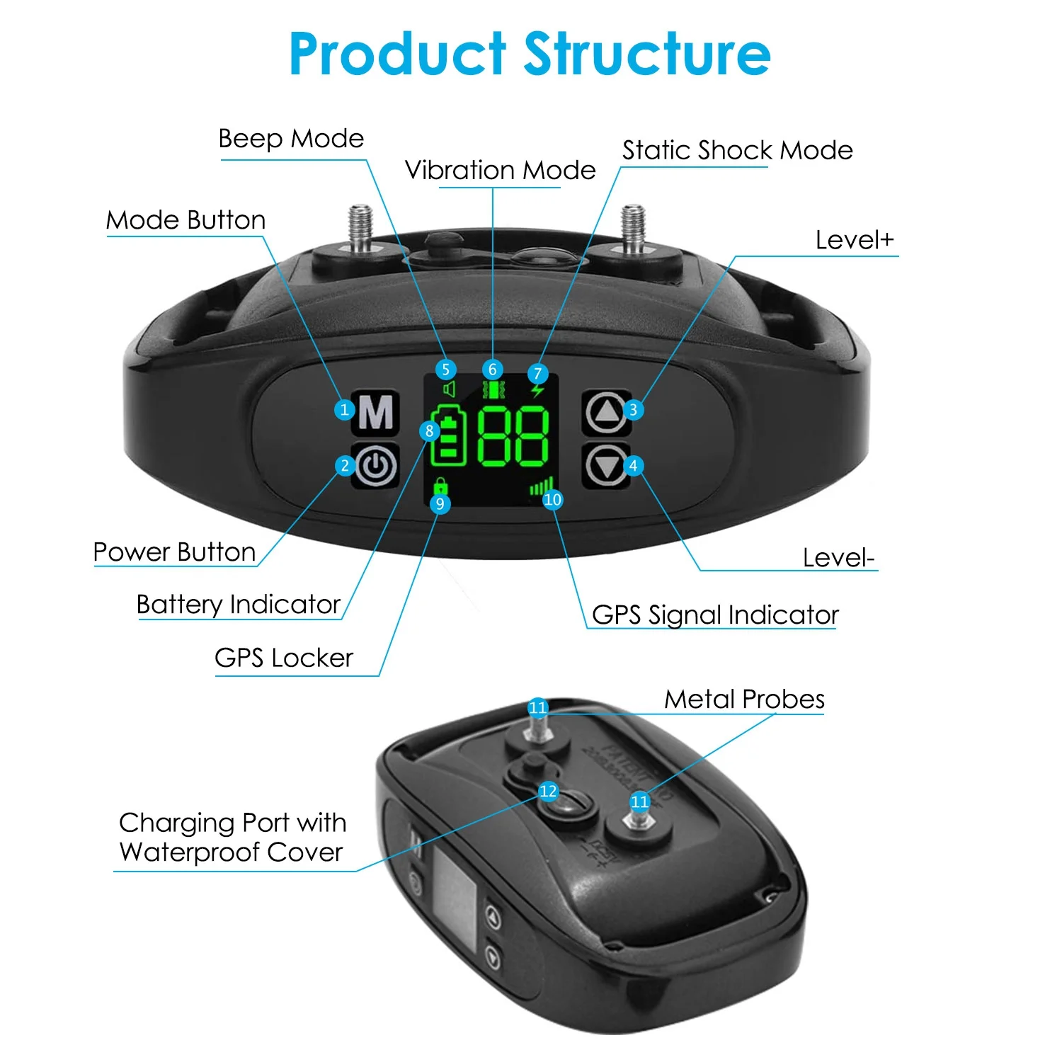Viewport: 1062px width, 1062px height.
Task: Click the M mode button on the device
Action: (x=376, y=411)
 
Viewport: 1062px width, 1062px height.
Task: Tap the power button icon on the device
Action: (x=376, y=465)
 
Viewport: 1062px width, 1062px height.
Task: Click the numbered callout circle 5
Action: (x=445, y=369)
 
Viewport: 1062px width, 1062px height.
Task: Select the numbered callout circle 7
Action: (x=537, y=373)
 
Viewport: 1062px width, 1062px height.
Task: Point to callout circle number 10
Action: (x=552, y=499)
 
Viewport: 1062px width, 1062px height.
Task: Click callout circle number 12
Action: (x=548, y=791)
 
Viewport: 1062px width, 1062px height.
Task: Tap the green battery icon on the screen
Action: (x=450, y=436)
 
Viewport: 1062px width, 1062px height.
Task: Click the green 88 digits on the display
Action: (x=513, y=436)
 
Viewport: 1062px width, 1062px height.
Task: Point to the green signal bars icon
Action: (x=541, y=487)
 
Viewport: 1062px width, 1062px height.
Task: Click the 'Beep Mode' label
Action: (x=291, y=139)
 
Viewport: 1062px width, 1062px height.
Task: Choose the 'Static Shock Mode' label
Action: (x=737, y=150)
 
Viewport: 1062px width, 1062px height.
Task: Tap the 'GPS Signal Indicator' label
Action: (x=715, y=615)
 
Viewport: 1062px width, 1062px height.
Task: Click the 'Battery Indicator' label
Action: (x=239, y=605)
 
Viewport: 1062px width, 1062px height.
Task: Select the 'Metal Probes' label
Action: (x=744, y=700)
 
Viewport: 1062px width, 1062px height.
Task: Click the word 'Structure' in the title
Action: (x=646, y=55)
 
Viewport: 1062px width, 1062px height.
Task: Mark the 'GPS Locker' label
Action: (x=283, y=658)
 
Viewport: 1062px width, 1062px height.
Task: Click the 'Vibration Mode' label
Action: (x=500, y=171)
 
